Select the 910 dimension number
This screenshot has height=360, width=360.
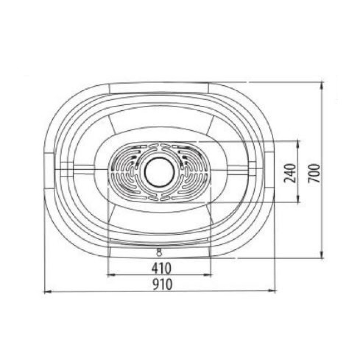point(162,284)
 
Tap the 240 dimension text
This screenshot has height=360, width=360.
point(290,173)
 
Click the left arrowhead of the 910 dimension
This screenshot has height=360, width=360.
point(47,292)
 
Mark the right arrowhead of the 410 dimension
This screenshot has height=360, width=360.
point(207,275)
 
